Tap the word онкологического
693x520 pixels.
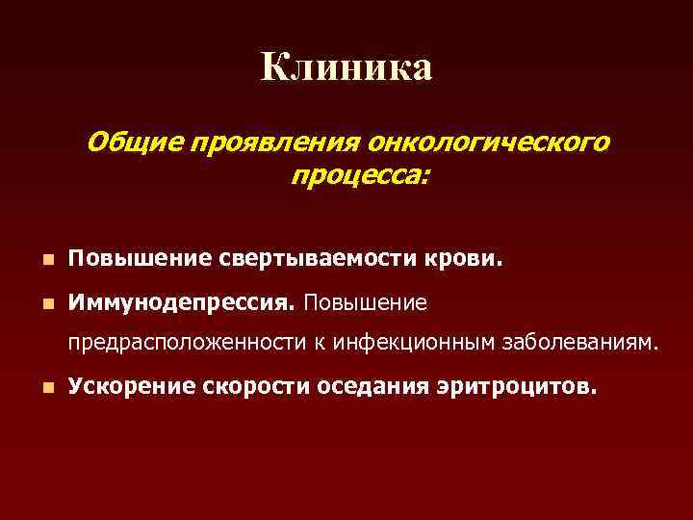pos(487,143)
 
